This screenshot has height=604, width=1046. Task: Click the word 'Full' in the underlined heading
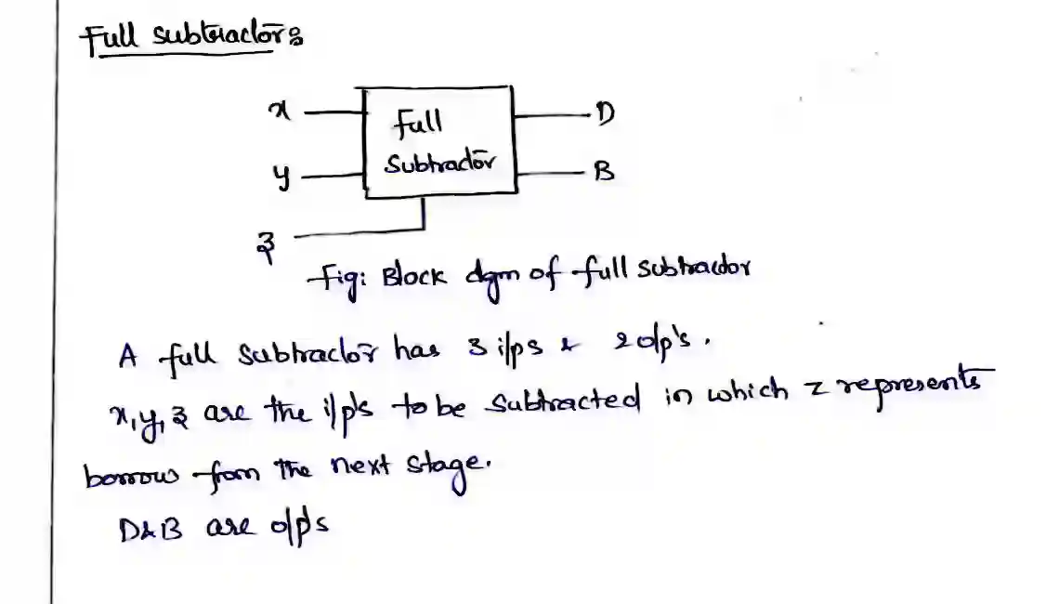(x=110, y=40)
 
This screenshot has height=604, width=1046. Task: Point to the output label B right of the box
(x=604, y=172)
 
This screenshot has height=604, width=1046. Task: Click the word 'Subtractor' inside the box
(x=439, y=164)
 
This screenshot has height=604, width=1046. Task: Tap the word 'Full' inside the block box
(x=417, y=122)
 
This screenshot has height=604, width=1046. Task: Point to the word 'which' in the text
(x=748, y=400)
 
